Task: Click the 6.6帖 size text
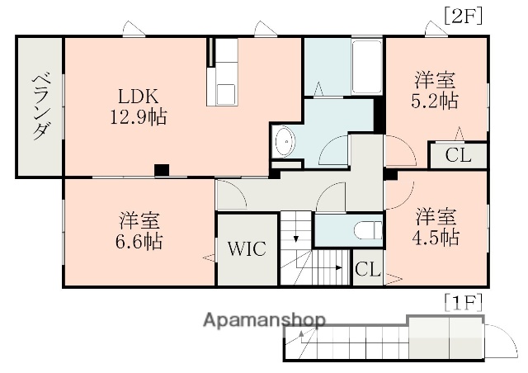139,242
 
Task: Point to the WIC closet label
247,249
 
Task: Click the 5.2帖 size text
436,101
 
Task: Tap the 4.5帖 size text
436,238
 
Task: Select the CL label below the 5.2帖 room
458,156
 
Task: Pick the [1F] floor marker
462,301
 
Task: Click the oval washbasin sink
285,141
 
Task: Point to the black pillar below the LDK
162,170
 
